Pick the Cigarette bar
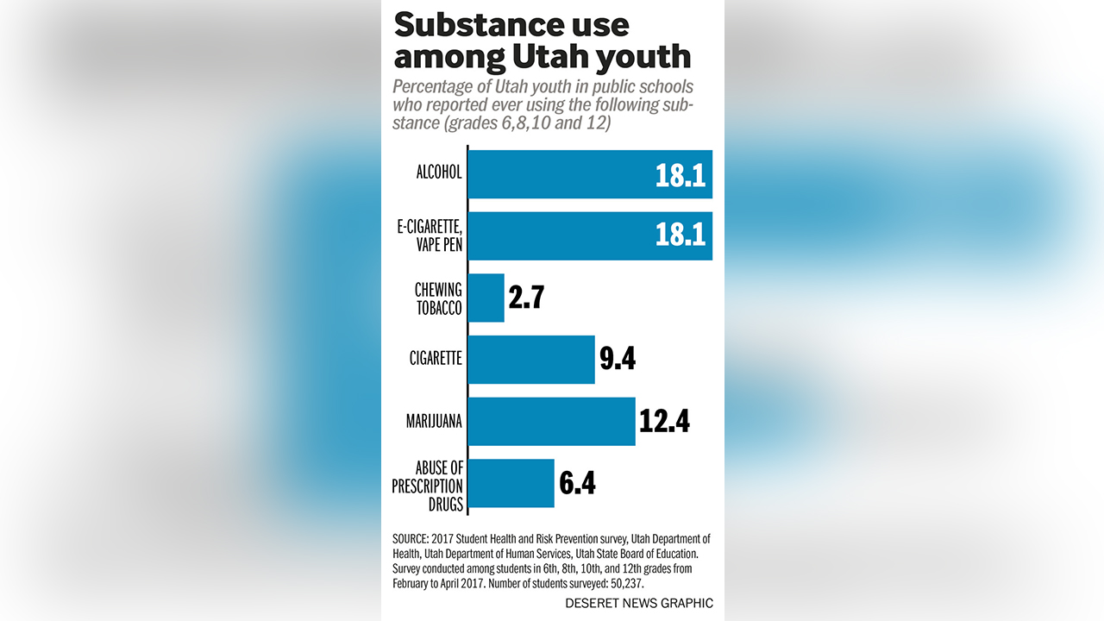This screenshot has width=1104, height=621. (x=531, y=360)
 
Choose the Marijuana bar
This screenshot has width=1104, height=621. (x=551, y=422)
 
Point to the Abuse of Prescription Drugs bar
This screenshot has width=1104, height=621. (x=511, y=483)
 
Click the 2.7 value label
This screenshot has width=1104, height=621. (x=525, y=298)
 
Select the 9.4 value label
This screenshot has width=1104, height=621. (x=618, y=359)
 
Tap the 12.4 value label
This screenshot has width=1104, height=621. (x=664, y=422)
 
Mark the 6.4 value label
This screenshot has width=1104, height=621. (x=577, y=483)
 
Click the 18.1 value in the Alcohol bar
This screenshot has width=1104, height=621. (x=680, y=175)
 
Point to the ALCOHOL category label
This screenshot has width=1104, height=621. (x=438, y=172)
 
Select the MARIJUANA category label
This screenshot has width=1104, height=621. (x=434, y=422)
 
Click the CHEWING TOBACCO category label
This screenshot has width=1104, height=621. (x=439, y=298)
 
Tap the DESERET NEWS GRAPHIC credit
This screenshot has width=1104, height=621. (x=639, y=603)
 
